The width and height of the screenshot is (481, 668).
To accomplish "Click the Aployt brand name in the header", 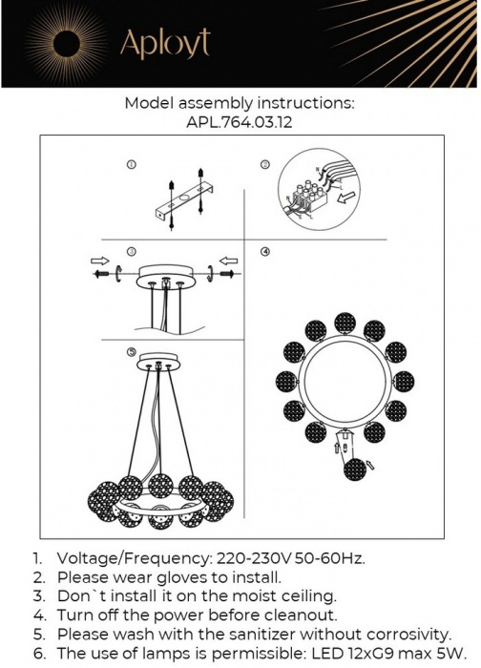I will point(164,43).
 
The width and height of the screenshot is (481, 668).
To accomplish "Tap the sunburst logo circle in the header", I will point(68,43).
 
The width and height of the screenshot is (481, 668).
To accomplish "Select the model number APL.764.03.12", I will point(240,122).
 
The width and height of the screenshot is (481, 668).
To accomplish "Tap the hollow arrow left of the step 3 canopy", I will point(98,260).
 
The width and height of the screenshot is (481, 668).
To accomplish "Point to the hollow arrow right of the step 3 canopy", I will point(226,260).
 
